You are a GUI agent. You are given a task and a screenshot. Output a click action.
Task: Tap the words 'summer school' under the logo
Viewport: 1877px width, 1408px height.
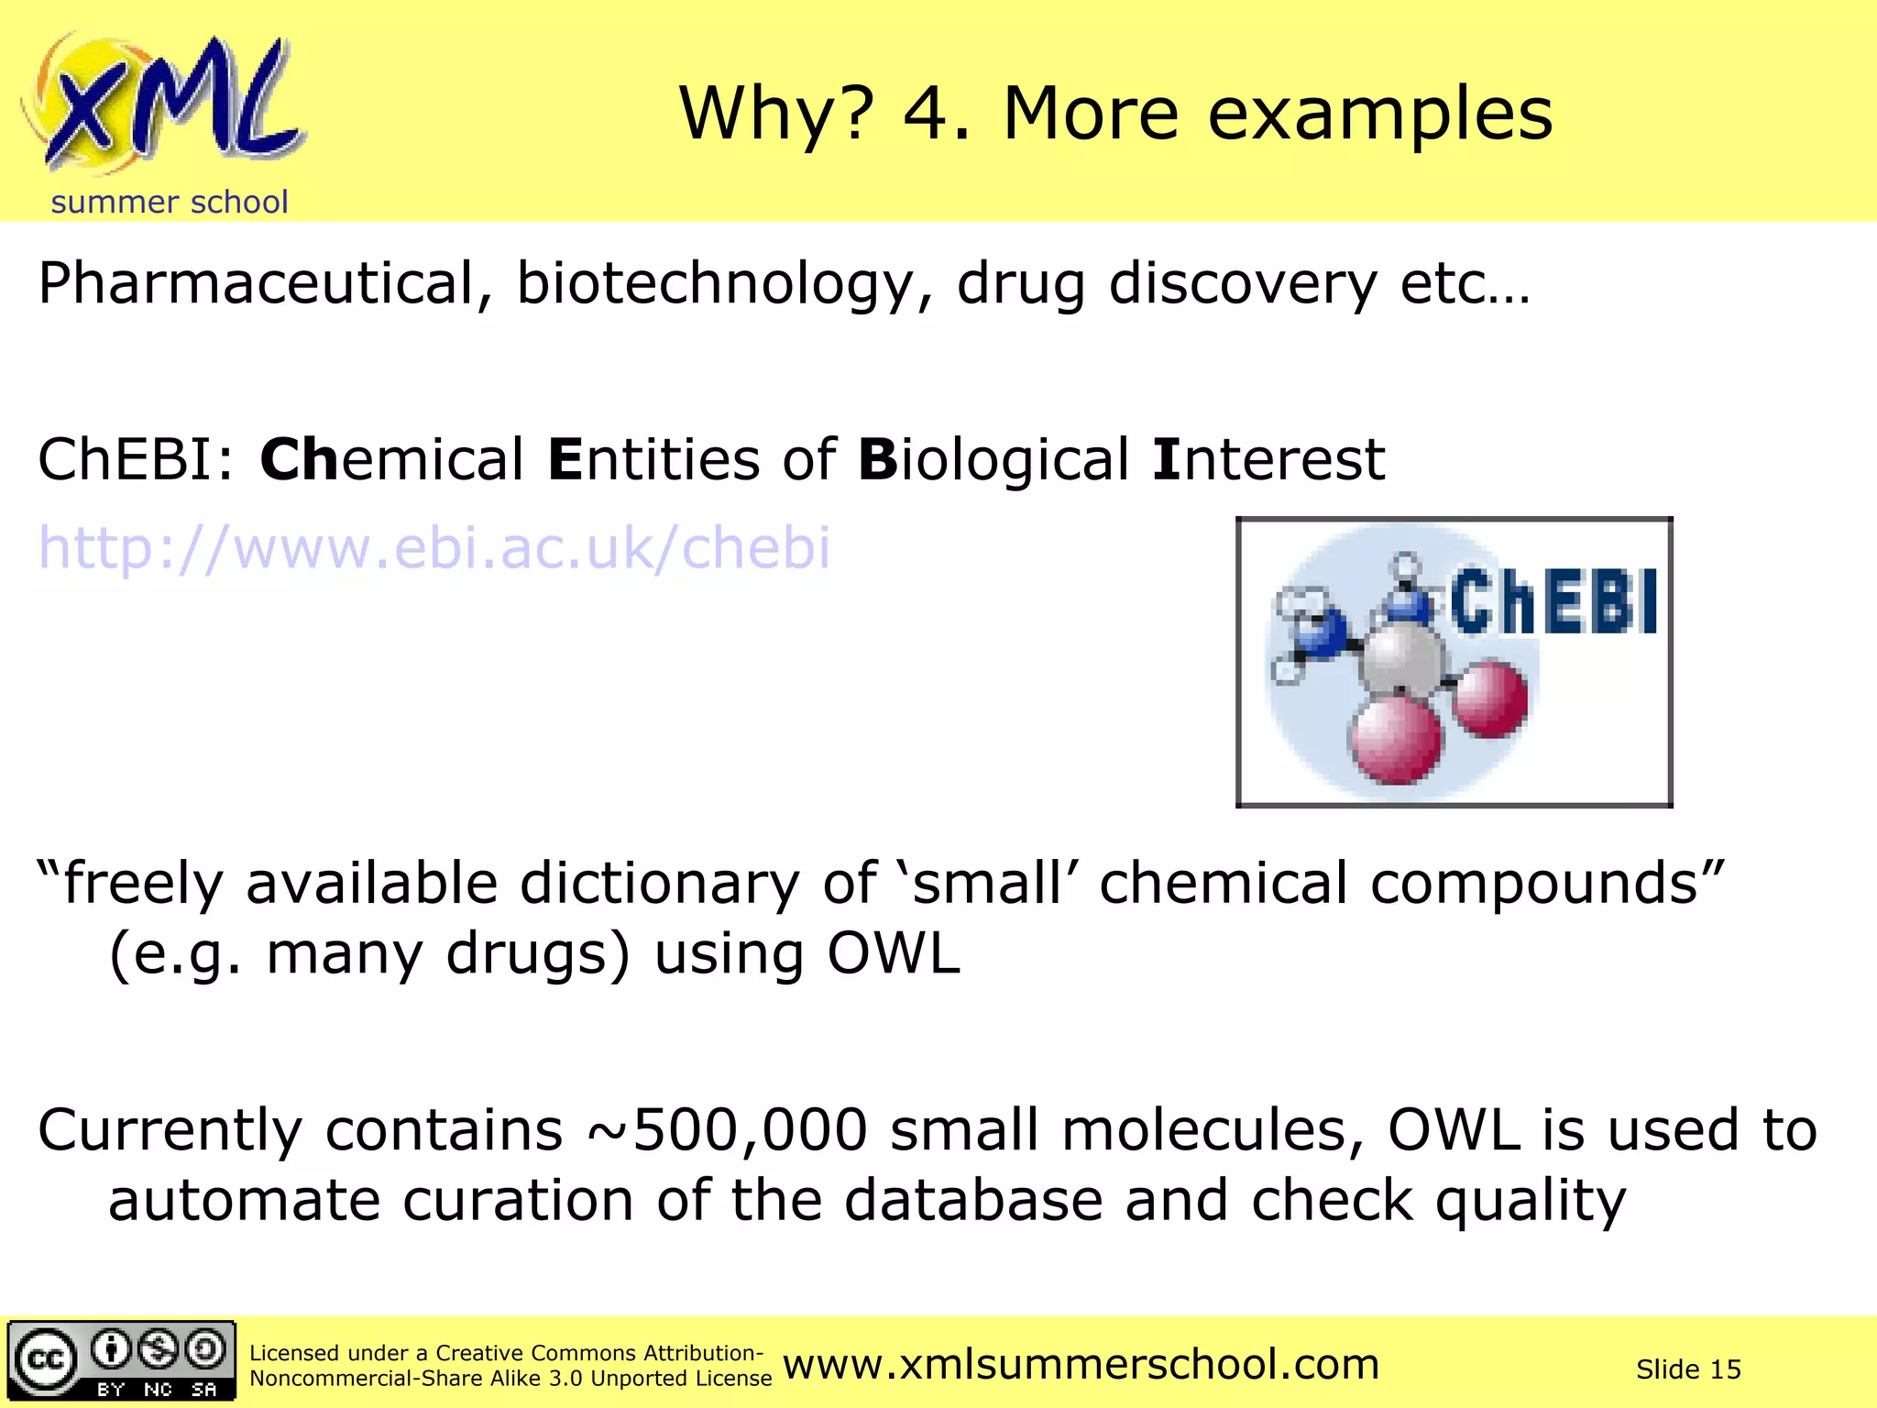click(x=170, y=202)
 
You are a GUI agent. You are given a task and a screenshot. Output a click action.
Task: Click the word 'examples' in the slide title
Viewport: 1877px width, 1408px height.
click(x=1379, y=115)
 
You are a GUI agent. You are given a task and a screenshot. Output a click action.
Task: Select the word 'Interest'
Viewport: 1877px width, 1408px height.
click(x=1269, y=459)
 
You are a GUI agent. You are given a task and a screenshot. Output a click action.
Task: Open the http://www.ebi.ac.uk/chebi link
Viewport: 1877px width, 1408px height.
click(x=434, y=548)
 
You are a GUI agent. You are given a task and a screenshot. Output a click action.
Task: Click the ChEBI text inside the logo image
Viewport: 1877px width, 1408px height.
click(x=1553, y=602)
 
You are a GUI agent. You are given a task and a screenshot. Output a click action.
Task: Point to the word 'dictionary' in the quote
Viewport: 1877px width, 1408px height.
click(x=660, y=884)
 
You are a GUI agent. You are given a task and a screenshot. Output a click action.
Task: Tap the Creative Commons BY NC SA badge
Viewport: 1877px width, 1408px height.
click(x=122, y=1360)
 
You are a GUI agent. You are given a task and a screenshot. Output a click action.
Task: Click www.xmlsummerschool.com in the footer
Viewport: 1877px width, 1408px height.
click(x=1081, y=1364)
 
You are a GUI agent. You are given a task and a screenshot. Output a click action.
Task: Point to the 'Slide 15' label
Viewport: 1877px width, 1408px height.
click(x=1688, y=1369)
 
